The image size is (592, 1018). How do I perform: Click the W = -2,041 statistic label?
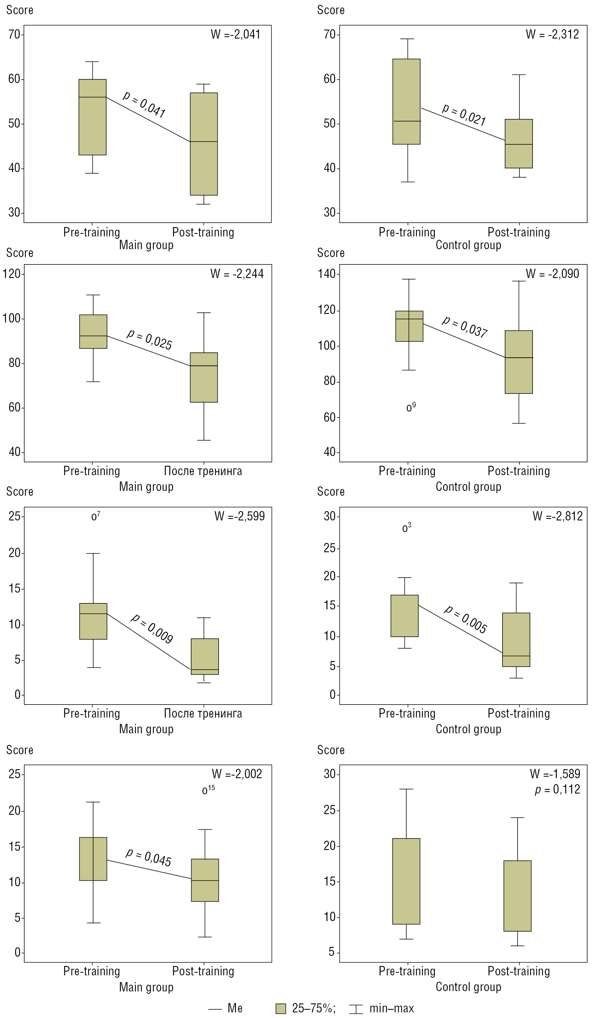click(x=236, y=34)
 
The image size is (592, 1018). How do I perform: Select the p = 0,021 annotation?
click(x=464, y=114)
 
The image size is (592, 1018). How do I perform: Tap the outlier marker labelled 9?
click(x=409, y=409)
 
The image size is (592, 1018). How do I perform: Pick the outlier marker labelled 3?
click(x=405, y=528)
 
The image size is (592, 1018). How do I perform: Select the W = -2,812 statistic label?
click(x=558, y=516)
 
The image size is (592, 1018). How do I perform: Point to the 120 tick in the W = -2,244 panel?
click(x=11, y=274)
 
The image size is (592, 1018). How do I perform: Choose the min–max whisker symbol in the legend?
click(x=355, y=1008)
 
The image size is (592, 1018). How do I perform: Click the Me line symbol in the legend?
click(x=215, y=1008)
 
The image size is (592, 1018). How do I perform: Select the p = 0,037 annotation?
click(x=465, y=326)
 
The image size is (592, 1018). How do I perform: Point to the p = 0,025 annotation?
click(x=150, y=339)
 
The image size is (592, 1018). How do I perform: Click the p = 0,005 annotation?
click(x=466, y=619)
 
